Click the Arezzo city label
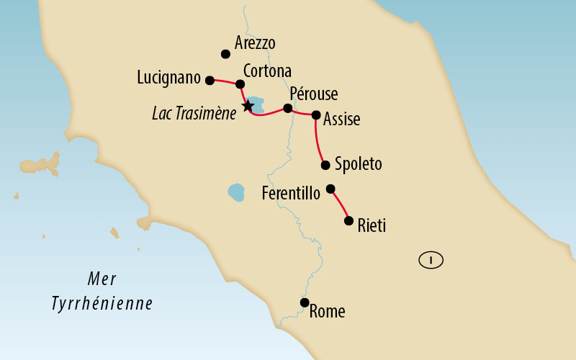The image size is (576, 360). point(255,43)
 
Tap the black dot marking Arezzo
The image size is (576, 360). point(225,54)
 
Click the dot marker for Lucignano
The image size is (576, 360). point(210,81)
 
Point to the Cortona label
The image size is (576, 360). point(267,71)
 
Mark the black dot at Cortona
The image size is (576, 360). point(240,84)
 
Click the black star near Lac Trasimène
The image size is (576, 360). point(248,107)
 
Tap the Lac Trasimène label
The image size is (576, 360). point(194,114)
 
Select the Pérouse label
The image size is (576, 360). point(313,94)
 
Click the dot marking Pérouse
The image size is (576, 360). point(288,109)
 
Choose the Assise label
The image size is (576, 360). point(341,120)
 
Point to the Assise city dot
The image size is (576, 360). point(315,114)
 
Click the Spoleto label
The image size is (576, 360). point(358,164)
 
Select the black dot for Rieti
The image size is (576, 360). point(349,221)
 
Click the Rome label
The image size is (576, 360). point(327,312)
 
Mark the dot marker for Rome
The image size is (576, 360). point(305,302)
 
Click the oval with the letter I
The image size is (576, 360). point(431,261)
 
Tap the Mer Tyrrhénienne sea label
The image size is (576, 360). point(102,292)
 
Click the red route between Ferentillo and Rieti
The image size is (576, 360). point(341,204)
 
